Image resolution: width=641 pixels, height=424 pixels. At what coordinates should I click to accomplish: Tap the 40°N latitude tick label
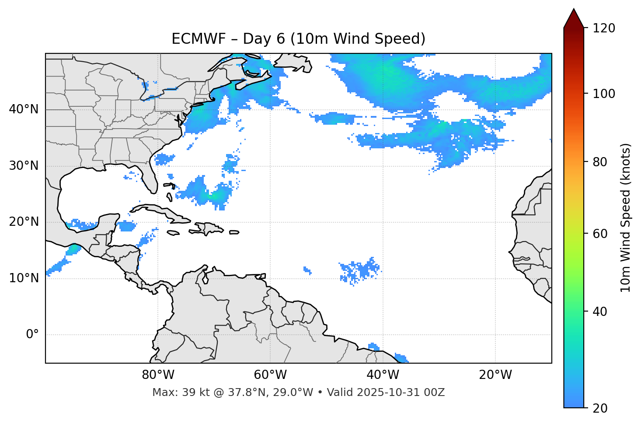tap(24, 109)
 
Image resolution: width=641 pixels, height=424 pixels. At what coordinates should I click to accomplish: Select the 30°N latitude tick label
tap(24, 166)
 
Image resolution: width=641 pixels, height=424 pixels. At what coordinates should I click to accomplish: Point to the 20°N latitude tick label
tap(24, 222)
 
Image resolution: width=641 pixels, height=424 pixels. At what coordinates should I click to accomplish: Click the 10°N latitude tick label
tap(24, 278)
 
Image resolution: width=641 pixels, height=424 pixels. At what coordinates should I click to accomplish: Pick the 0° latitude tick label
tap(32, 335)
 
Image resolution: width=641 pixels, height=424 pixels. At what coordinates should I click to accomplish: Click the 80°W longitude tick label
tap(158, 375)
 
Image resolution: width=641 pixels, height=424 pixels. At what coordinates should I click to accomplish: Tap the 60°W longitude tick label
tap(270, 375)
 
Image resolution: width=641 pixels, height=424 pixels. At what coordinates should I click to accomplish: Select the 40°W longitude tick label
tap(383, 375)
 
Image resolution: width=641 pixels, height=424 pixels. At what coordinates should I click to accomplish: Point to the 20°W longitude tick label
tap(495, 375)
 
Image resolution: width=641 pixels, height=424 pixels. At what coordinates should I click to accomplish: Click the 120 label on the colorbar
tap(603, 28)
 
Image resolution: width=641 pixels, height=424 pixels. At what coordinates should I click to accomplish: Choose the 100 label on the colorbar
tap(603, 94)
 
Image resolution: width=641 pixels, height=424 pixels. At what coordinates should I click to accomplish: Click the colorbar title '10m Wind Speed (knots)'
tap(626, 218)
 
